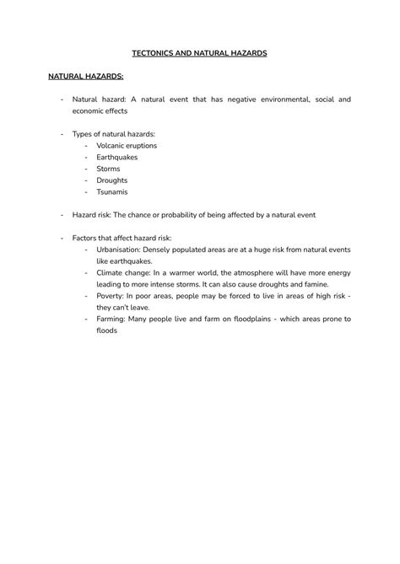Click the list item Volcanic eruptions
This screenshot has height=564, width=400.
click(127, 145)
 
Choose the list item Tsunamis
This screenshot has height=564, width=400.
click(112, 191)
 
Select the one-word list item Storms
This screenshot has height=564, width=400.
click(109, 169)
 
